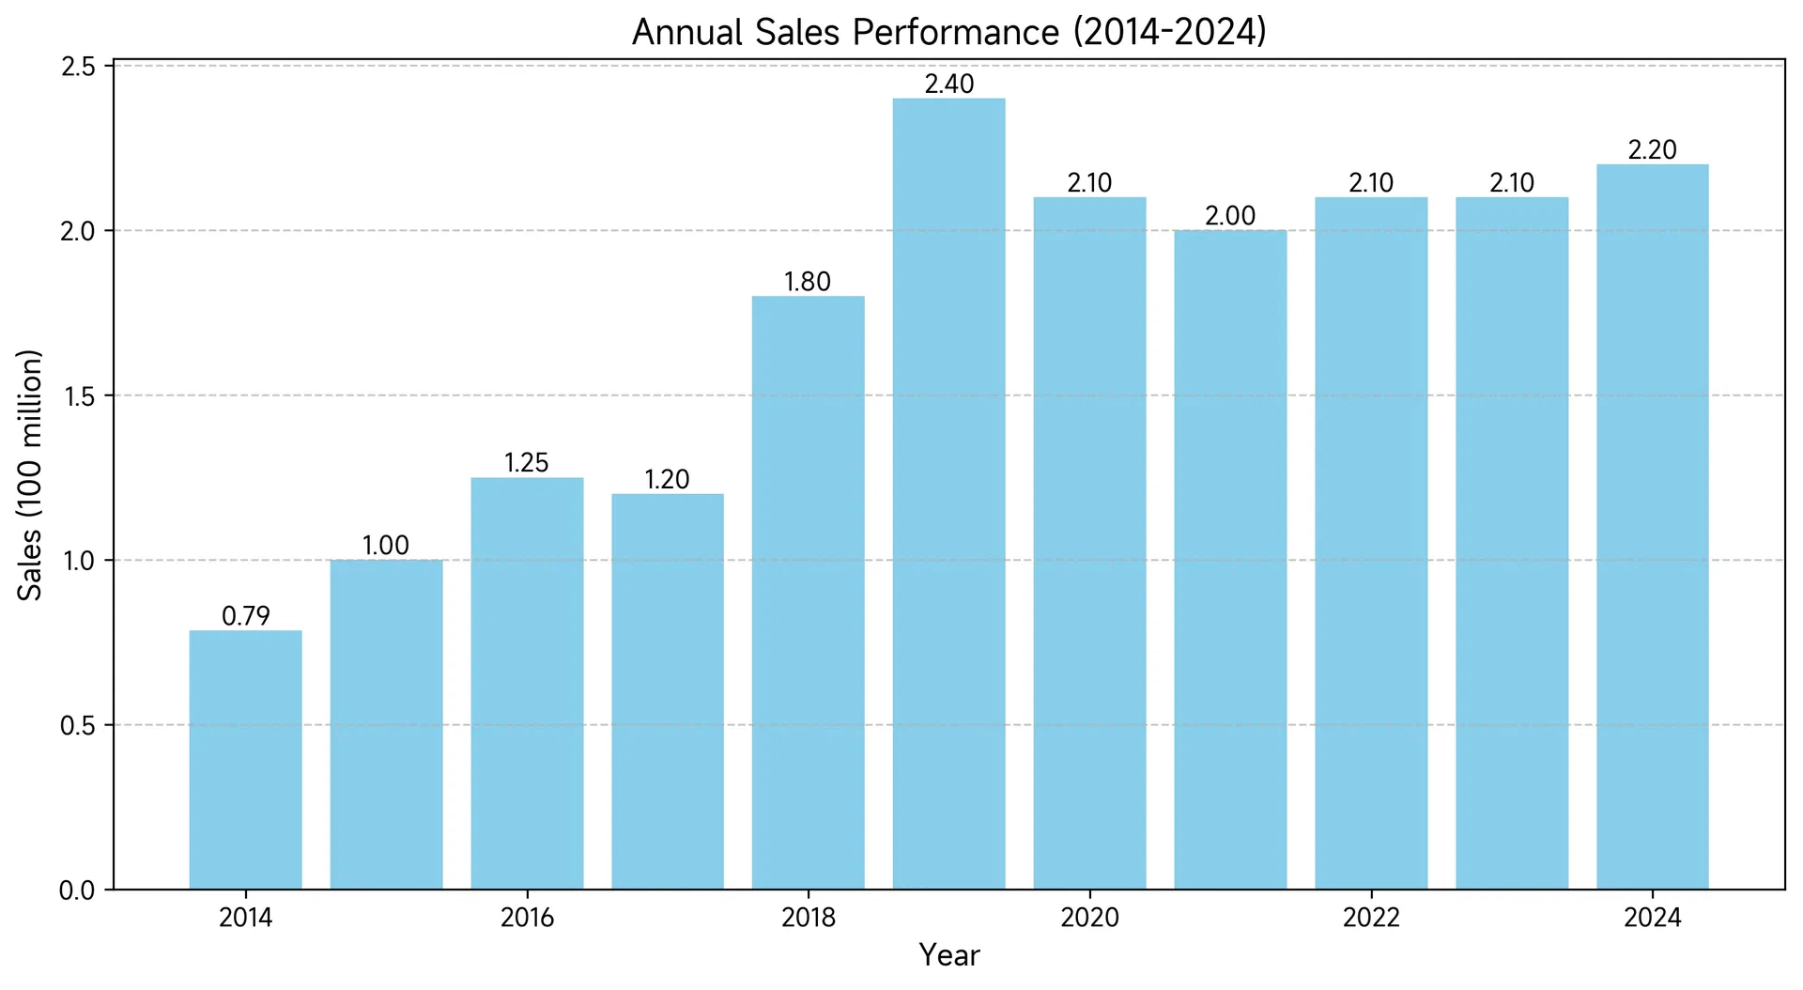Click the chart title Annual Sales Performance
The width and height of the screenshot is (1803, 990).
(x=949, y=33)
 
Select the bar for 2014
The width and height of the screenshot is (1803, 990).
(x=245, y=760)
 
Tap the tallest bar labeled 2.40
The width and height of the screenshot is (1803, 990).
(x=948, y=494)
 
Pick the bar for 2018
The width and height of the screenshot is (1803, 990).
(x=808, y=593)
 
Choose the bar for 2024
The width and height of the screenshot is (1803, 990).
(x=1652, y=527)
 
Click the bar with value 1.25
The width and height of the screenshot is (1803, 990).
(x=527, y=684)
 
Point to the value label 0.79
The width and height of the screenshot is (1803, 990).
(x=245, y=616)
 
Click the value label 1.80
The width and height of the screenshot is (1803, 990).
(x=808, y=282)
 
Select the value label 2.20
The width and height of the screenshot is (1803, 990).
(x=1652, y=150)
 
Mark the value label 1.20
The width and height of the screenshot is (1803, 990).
(x=667, y=480)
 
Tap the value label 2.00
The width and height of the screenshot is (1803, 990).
(x=1230, y=216)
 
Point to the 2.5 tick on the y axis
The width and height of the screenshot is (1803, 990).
(x=78, y=67)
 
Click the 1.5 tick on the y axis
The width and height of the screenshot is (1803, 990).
(x=78, y=396)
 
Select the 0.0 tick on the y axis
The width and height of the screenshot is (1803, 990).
(x=78, y=890)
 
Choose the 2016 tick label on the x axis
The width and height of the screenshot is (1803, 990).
(x=527, y=918)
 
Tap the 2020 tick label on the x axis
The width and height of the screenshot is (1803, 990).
(x=1089, y=918)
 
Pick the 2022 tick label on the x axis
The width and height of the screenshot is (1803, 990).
(x=1371, y=918)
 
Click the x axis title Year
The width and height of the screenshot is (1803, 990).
(x=949, y=955)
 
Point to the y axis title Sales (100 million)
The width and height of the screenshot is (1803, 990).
(x=31, y=475)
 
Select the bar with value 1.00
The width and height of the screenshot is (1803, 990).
(x=386, y=725)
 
